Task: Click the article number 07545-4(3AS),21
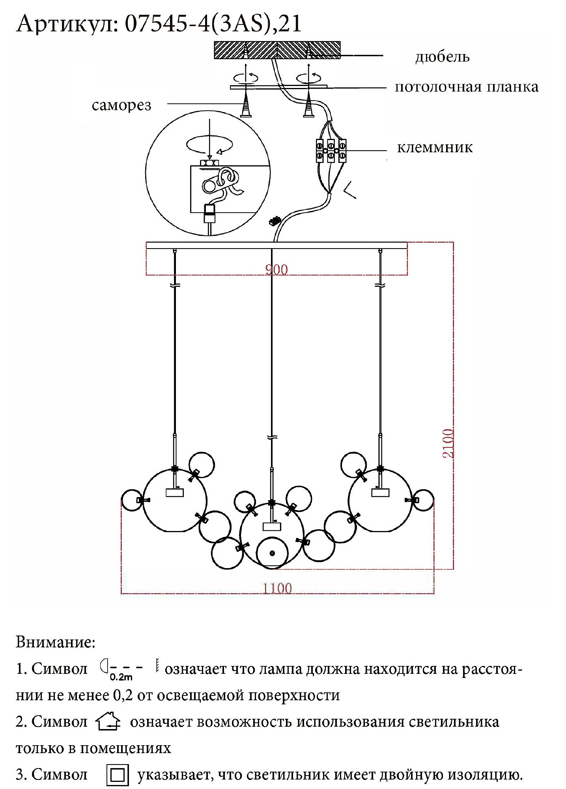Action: click(x=213, y=24)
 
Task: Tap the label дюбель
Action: click(x=442, y=57)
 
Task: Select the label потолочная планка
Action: click(x=467, y=87)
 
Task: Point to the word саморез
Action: click(x=121, y=105)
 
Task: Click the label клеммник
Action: click(x=435, y=147)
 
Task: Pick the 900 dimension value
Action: click(x=276, y=270)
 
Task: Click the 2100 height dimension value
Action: click(x=448, y=443)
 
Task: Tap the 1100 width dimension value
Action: click(x=278, y=588)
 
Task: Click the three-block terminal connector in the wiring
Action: click(x=331, y=151)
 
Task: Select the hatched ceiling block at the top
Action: click(x=277, y=50)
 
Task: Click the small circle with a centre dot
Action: click(x=272, y=553)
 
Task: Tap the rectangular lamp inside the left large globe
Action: click(x=175, y=492)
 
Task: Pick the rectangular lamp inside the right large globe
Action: click(x=380, y=492)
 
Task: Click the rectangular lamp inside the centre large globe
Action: click(x=271, y=526)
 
